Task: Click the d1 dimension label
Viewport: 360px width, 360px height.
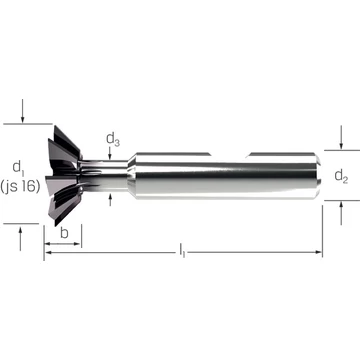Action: click(18, 168)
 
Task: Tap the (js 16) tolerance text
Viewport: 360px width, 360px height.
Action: click(20, 187)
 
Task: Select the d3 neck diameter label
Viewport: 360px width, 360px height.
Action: click(113, 139)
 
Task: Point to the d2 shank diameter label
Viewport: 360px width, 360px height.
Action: click(341, 176)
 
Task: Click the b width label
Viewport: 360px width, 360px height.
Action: click(64, 233)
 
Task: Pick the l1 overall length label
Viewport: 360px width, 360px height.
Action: click(182, 250)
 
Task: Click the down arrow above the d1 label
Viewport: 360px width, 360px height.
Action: click(22, 111)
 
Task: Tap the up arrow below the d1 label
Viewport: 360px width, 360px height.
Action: click(20, 238)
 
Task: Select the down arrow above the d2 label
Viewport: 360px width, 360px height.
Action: click(341, 137)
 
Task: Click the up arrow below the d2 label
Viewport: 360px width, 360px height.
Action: click(341, 213)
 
